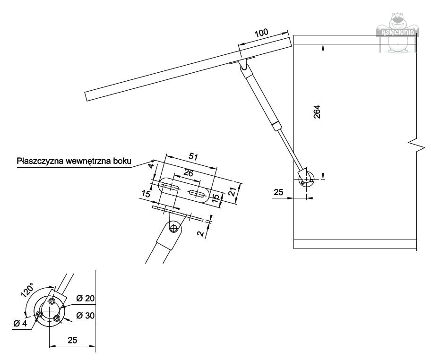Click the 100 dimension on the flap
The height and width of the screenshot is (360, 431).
[261, 33]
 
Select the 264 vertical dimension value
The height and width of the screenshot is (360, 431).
[317, 111]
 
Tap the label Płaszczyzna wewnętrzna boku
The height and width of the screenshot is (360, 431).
[74, 161]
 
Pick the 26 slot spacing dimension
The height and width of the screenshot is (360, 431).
[188, 173]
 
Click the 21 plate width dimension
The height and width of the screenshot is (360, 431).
[232, 191]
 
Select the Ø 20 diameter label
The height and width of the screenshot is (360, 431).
[85, 299]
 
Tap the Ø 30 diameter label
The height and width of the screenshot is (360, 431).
[85, 315]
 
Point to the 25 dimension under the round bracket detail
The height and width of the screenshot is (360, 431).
[72, 340]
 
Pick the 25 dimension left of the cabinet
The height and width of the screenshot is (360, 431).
[278, 192]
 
